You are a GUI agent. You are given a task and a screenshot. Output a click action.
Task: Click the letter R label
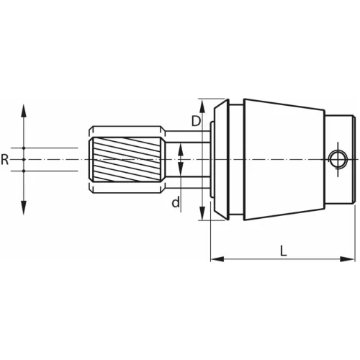point(5,159)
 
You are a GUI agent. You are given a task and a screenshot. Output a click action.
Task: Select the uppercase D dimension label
point(195,121)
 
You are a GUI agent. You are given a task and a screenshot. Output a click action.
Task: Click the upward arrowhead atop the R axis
point(23,109)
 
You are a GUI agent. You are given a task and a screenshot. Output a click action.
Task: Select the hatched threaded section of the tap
point(127,158)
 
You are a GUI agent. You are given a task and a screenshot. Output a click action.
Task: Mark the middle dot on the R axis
point(23,159)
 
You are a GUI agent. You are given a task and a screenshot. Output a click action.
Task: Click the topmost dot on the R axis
point(23,148)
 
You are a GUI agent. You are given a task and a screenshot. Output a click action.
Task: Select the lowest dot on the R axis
point(23,171)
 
